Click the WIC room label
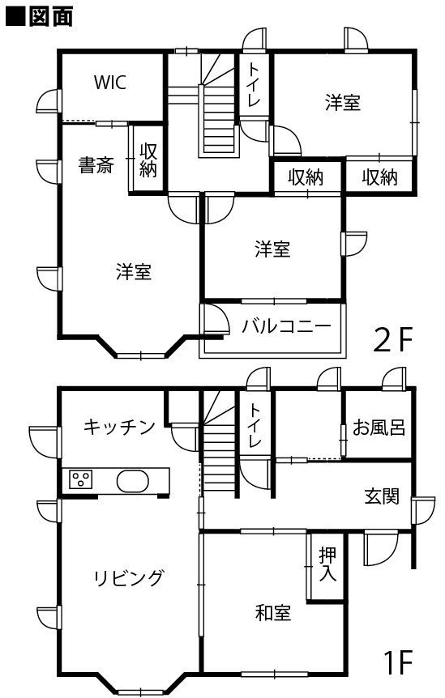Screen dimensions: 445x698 110,83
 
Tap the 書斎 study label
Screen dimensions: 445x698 96,165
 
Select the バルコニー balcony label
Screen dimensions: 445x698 286,327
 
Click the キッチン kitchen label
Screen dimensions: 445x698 119,427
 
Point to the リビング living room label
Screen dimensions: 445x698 129,578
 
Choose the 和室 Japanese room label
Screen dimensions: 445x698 273,612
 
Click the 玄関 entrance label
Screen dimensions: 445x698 382,496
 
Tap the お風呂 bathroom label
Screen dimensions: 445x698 379,427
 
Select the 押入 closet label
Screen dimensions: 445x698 327,564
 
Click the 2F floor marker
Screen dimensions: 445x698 394,339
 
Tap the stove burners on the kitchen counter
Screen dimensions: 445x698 81,480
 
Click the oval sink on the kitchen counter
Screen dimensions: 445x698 132,481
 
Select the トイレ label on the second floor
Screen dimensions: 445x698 254,84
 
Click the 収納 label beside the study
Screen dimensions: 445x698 148,160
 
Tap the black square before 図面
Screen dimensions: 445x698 15,17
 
